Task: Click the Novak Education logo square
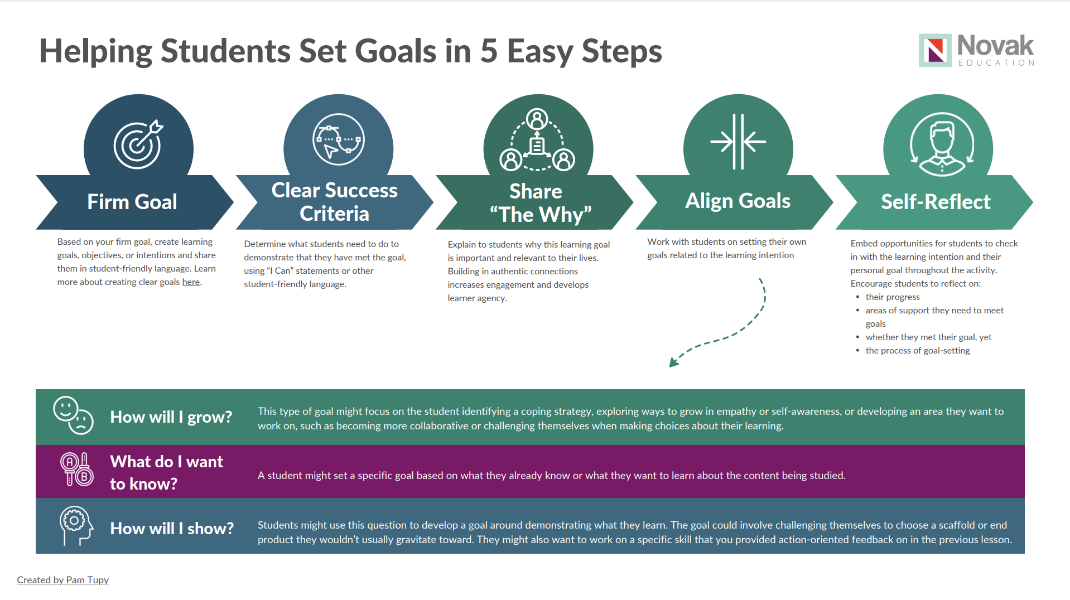(935, 50)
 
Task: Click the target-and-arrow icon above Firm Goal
(138, 144)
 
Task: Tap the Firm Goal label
(132, 202)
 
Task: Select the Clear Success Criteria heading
(334, 202)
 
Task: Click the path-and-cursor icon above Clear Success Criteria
(338, 139)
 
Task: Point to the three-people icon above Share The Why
(537, 139)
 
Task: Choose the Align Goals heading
(738, 201)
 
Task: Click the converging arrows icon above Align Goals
(738, 142)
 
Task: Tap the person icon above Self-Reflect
(942, 144)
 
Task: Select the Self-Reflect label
(936, 202)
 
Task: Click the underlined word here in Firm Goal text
(191, 282)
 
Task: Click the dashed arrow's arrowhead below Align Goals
(673, 361)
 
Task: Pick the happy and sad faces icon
(73, 415)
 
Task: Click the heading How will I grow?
(171, 417)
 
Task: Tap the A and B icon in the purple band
(76, 470)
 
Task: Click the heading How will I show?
(172, 529)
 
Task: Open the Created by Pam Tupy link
(62, 580)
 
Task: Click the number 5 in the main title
(489, 51)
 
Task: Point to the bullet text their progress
(893, 297)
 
